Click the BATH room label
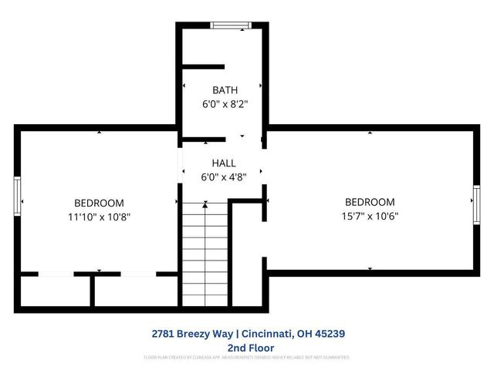[225, 90]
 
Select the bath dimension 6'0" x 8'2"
[225, 103]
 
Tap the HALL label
[224, 163]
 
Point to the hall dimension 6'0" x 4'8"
[225, 176]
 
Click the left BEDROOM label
[98, 203]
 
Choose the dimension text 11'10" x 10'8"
[98, 217]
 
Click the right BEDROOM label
[370, 202]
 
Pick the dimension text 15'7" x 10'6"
[370, 216]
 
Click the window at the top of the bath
[231, 25]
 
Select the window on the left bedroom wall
[17, 197]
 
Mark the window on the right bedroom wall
[476, 201]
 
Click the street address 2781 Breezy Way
[194, 334]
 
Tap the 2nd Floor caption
[246, 348]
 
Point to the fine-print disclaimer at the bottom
[246, 358]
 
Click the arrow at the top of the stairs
[205, 204]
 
